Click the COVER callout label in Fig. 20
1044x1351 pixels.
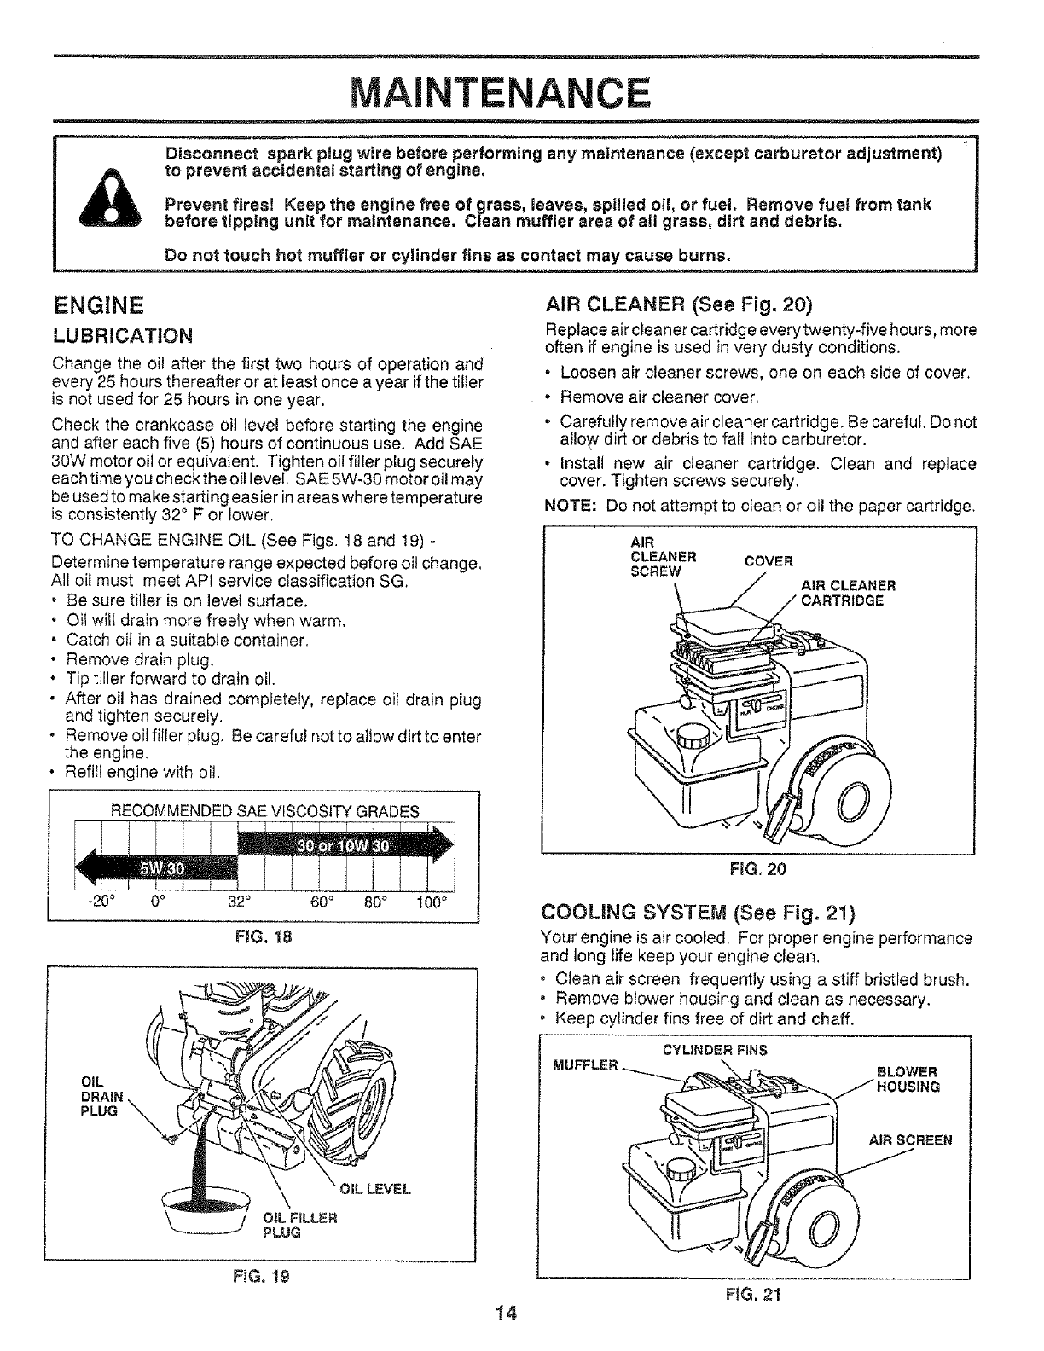coord(768,561)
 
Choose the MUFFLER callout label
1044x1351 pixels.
coord(584,1065)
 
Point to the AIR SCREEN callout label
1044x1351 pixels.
coord(910,1140)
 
